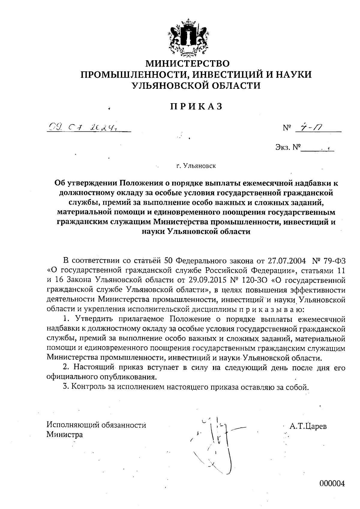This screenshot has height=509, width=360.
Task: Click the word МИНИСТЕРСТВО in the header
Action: [x=187, y=63]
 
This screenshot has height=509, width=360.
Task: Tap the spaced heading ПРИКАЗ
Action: [x=197, y=106]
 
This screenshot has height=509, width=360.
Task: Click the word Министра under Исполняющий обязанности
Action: [x=65, y=435]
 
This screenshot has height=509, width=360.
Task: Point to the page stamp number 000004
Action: [x=332, y=484]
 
